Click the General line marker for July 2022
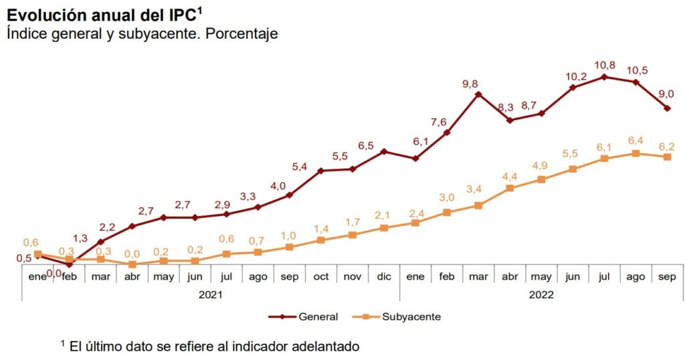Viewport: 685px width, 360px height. point(605,77)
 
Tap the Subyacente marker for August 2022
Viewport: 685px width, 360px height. point(636,153)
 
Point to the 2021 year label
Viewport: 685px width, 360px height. point(211,293)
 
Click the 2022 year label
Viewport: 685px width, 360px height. point(541,293)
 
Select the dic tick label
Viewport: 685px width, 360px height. point(384,276)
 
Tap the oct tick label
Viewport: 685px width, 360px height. point(321,276)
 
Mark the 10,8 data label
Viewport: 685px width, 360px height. point(604,65)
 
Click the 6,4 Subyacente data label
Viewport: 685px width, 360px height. point(635,140)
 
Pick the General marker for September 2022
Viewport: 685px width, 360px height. point(668,108)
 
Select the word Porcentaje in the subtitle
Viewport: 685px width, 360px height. point(241,33)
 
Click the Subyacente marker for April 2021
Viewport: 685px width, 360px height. point(132,264)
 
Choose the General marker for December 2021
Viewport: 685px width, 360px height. point(384,151)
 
